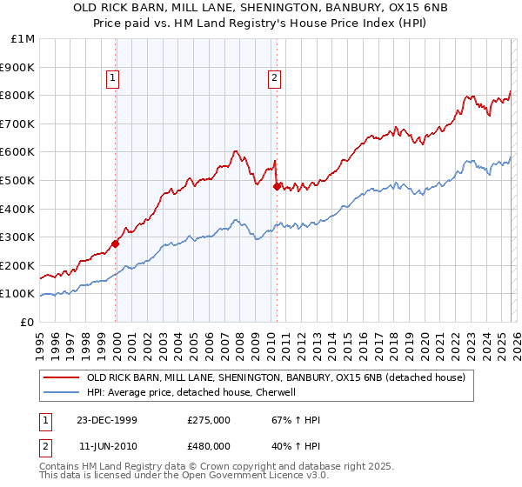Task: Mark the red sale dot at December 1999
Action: (x=116, y=244)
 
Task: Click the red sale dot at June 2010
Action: (x=277, y=186)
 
